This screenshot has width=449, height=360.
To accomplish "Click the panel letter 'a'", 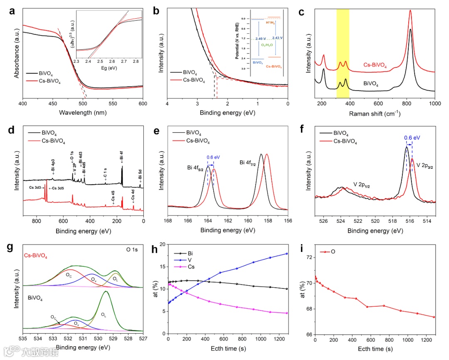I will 12,12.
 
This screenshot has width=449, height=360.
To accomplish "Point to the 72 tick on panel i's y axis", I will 308,258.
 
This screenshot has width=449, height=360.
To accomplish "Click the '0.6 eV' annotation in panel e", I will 214,158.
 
